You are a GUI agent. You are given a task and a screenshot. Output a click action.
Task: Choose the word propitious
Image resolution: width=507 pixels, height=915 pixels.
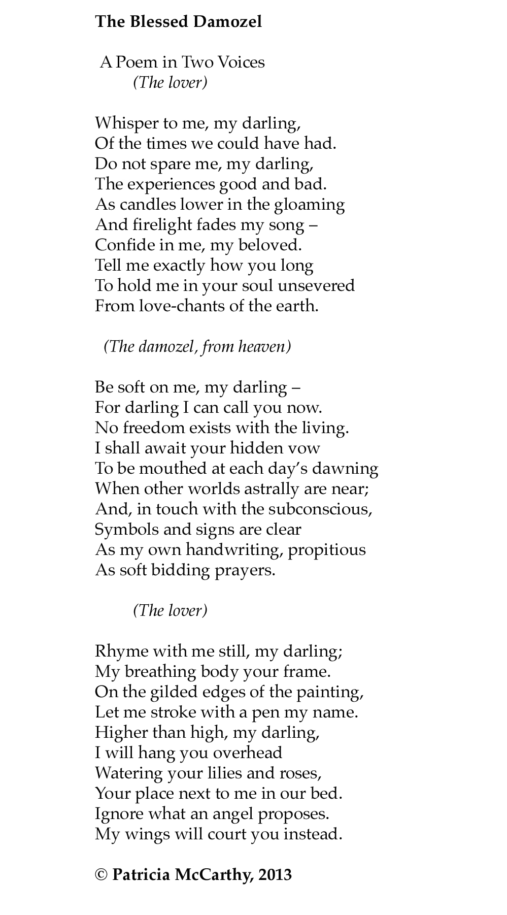pyautogui.click(x=327, y=549)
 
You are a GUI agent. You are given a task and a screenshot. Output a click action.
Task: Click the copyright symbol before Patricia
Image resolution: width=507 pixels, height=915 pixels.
pyautogui.click(x=101, y=875)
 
